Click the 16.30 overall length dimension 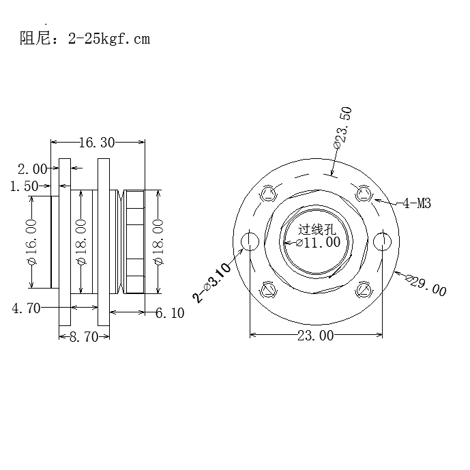97,143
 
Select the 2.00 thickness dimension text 33,168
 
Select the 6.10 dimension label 170,312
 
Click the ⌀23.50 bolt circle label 342,128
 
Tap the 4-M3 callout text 416,203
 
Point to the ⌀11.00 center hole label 318,242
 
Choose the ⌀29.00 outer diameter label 426,285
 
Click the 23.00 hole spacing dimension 316,335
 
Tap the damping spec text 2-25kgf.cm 108,39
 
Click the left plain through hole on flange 250,241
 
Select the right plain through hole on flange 383,241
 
